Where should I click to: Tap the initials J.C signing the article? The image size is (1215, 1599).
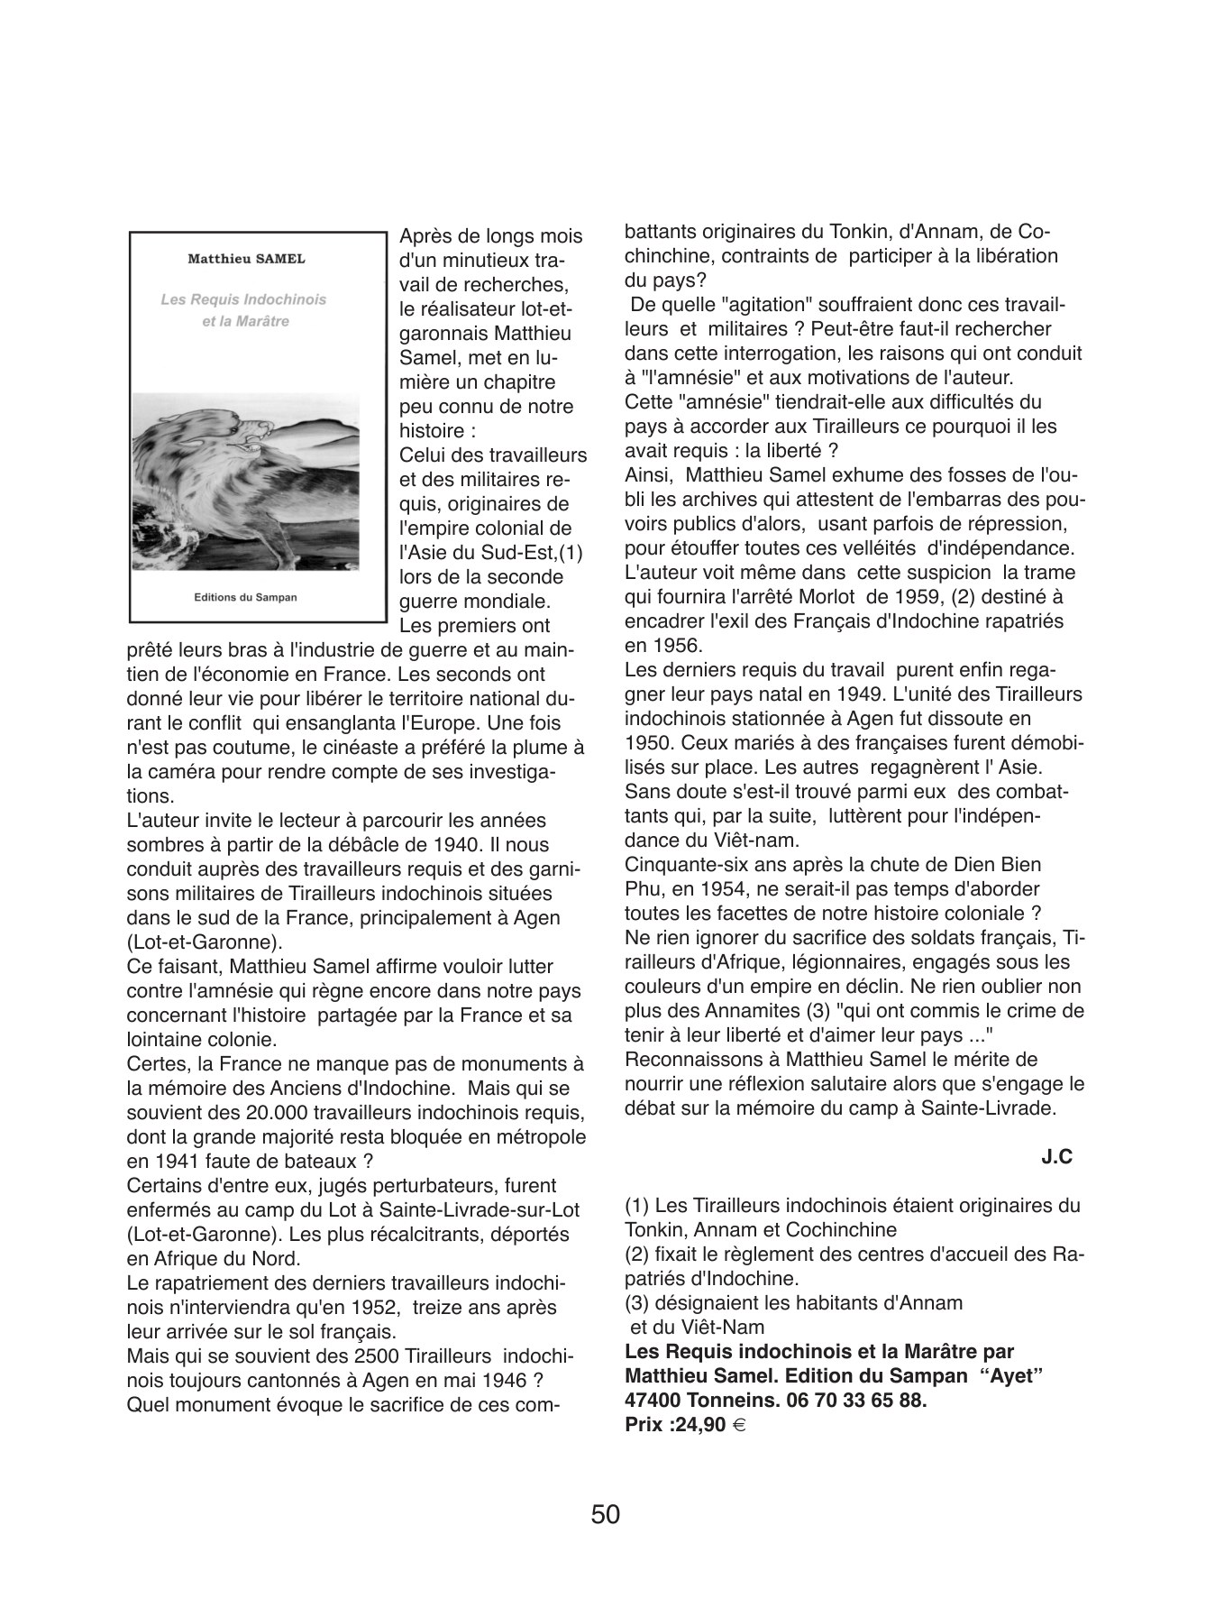pos(1056,1157)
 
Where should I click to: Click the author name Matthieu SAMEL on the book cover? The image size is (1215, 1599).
pos(246,259)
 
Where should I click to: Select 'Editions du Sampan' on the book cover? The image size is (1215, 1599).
pos(245,597)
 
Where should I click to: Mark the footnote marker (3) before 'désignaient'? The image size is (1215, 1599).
pos(638,1302)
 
